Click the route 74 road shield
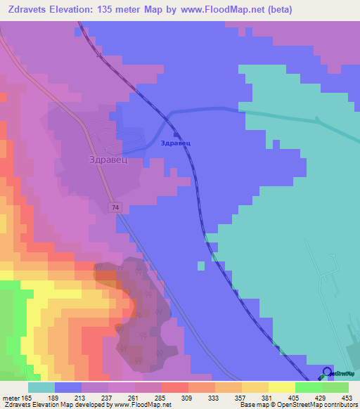pyautogui.click(x=114, y=207)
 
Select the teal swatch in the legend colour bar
pyautogui.click(x=41, y=387)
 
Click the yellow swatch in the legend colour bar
pyautogui.click(x=282, y=387)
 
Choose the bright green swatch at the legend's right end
pyautogui.click(x=335, y=387)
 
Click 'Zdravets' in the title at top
pyautogui.click(x=26, y=10)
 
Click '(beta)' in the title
pyautogui.click(x=278, y=10)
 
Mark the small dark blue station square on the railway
pyautogui.click(x=176, y=134)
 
